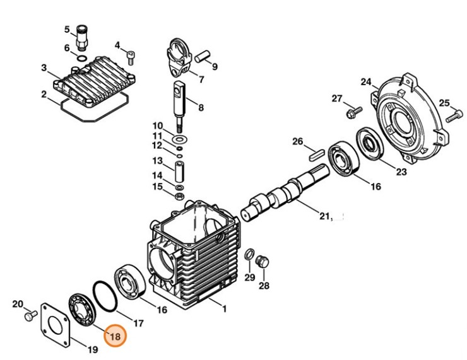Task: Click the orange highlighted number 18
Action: tap(115, 337)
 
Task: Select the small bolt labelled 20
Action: tap(28, 315)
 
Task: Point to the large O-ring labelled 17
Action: tap(106, 296)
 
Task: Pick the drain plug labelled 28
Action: tap(263, 262)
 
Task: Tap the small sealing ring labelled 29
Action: tap(249, 255)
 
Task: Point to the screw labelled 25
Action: tap(451, 117)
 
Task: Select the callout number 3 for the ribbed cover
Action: tap(44, 67)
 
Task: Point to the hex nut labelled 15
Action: tap(179, 197)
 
